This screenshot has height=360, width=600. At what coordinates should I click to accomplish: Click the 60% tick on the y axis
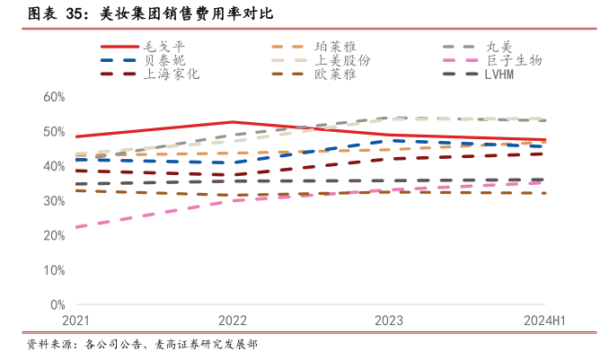(53, 97)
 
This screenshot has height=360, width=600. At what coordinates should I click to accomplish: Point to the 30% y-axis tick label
(53, 201)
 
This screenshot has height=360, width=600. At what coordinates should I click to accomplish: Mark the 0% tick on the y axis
(57, 305)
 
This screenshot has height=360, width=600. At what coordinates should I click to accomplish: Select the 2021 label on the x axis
(76, 320)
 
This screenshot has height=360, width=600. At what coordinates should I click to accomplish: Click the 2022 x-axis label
(233, 320)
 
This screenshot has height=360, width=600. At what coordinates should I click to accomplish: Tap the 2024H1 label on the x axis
(542, 320)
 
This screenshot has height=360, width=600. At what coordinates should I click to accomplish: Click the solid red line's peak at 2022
(233, 122)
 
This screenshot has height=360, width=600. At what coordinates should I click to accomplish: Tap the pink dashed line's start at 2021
(77, 227)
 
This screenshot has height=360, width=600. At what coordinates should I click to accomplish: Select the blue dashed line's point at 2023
(389, 141)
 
